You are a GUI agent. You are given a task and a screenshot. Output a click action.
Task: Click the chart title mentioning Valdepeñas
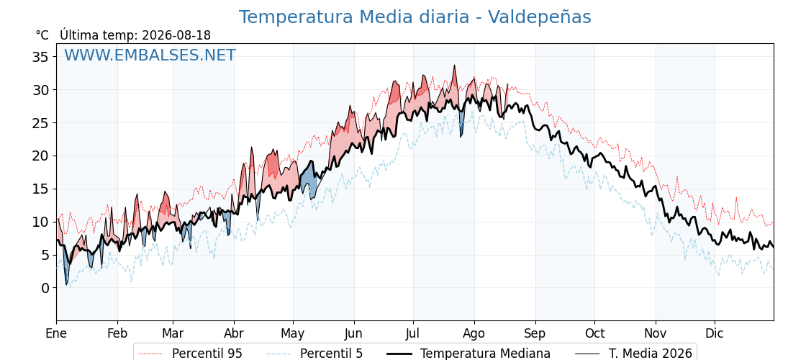pyautogui.click(x=415, y=17)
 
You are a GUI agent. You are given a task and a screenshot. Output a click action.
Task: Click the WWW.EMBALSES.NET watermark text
pyautogui.click(x=150, y=55)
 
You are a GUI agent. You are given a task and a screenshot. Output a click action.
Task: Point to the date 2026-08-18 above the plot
pyautogui.click(x=176, y=35)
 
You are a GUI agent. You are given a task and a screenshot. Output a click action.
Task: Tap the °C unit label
pyautogui.click(x=42, y=35)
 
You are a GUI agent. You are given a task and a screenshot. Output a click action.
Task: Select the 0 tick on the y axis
pyautogui.click(x=46, y=288)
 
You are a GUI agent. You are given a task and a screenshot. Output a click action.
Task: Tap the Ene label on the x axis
pyautogui.click(x=56, y=333)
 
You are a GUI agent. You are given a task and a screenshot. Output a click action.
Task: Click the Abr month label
pyautogui.click(x=234, y=333)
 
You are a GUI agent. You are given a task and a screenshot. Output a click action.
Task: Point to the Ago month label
pyautogui.click(x=474, y=334)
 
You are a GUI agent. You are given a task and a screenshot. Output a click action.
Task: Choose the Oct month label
pyautogui.click(x=594, y=333)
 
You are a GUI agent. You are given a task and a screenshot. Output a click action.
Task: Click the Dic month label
pyautogui.click(x=715, y=333)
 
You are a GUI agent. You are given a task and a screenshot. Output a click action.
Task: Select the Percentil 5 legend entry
pyautogui.click(x=314, y=354)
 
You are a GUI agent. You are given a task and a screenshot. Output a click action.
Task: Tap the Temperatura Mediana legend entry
pyautogui.click(x=468, y=354)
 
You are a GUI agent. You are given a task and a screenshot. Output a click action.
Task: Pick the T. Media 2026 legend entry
pyautogui.click(x=633, y=354)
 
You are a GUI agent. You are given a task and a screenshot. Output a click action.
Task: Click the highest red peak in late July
pyautogui.click(x=454, y=66)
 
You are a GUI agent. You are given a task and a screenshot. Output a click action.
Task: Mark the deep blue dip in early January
pyautogui.click(x=66, y=283)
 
